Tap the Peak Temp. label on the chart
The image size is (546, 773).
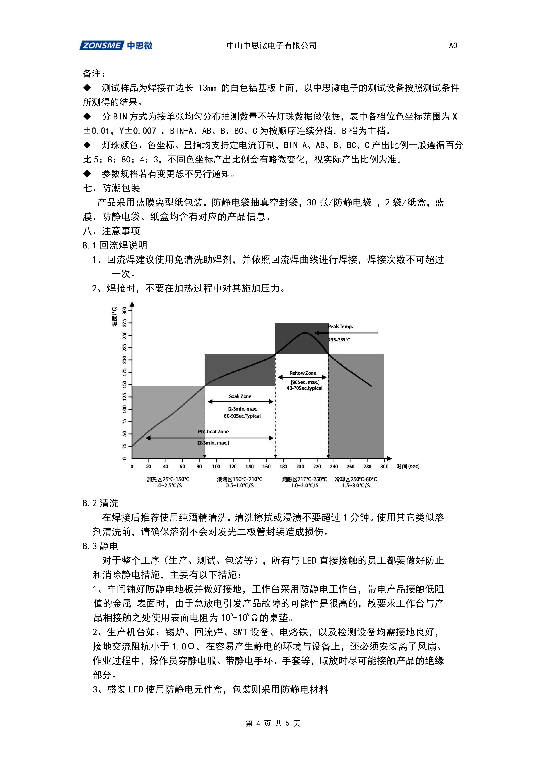point(340,326)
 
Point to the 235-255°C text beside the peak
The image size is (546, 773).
point(339,340)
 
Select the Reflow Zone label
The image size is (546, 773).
point(303,373)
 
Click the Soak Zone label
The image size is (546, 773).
point(240,396)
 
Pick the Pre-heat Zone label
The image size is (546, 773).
point(213,432)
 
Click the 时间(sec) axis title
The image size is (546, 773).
point(408,466)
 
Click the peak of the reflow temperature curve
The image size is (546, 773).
point(305,333)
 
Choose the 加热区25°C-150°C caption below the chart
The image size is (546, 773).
point(168,479)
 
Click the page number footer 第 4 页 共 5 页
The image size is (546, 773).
point(273,723)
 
